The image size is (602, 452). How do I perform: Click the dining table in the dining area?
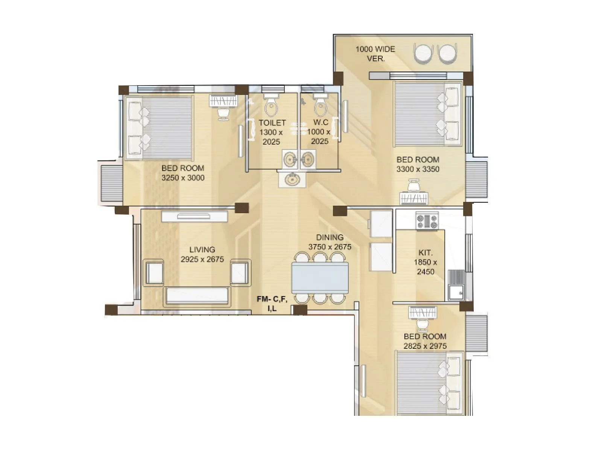point(320,278)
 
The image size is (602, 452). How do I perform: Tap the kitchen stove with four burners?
point(427,221)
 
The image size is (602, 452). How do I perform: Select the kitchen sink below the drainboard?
point(456,292)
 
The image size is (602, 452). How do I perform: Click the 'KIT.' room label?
point(425,253)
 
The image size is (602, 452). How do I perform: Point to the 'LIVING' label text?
point(202,249)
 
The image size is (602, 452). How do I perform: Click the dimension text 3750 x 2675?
point(330,247)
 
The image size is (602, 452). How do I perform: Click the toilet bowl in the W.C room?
point(320,106)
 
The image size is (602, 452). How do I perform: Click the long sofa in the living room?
point(197,296)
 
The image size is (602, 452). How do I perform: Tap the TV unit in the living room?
point(195,216)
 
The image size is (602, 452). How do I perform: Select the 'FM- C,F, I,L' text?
point(272,304)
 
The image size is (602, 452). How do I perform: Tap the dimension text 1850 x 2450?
point(425,267)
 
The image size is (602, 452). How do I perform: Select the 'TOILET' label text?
point(272,123)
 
